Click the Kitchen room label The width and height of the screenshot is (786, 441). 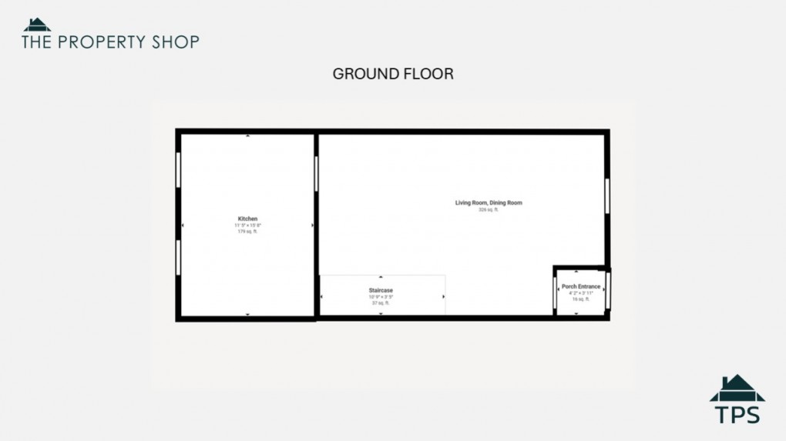point(247,219)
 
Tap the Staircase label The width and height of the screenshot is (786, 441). point(381,290)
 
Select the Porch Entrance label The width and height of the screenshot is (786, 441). point(581,286)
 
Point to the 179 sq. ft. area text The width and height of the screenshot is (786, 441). point(247,231)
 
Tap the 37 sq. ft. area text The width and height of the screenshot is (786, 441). point(381,303)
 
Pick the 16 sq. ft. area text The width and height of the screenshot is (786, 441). point(581,299)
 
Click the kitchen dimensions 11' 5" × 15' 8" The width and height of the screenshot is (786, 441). point(247,225)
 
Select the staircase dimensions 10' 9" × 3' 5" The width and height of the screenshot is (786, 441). point(381,297)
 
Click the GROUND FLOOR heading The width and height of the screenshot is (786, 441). point(393,74)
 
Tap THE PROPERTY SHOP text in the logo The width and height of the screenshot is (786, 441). point(110,42)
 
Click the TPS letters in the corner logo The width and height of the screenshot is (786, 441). point(737,414)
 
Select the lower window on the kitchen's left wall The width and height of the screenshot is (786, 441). point(179,257)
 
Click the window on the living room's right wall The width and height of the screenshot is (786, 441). point(607,195)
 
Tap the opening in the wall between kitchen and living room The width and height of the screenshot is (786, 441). point(316,173)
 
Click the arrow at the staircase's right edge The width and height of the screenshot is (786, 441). point(443,296)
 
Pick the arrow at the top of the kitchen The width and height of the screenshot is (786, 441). point(247,136)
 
